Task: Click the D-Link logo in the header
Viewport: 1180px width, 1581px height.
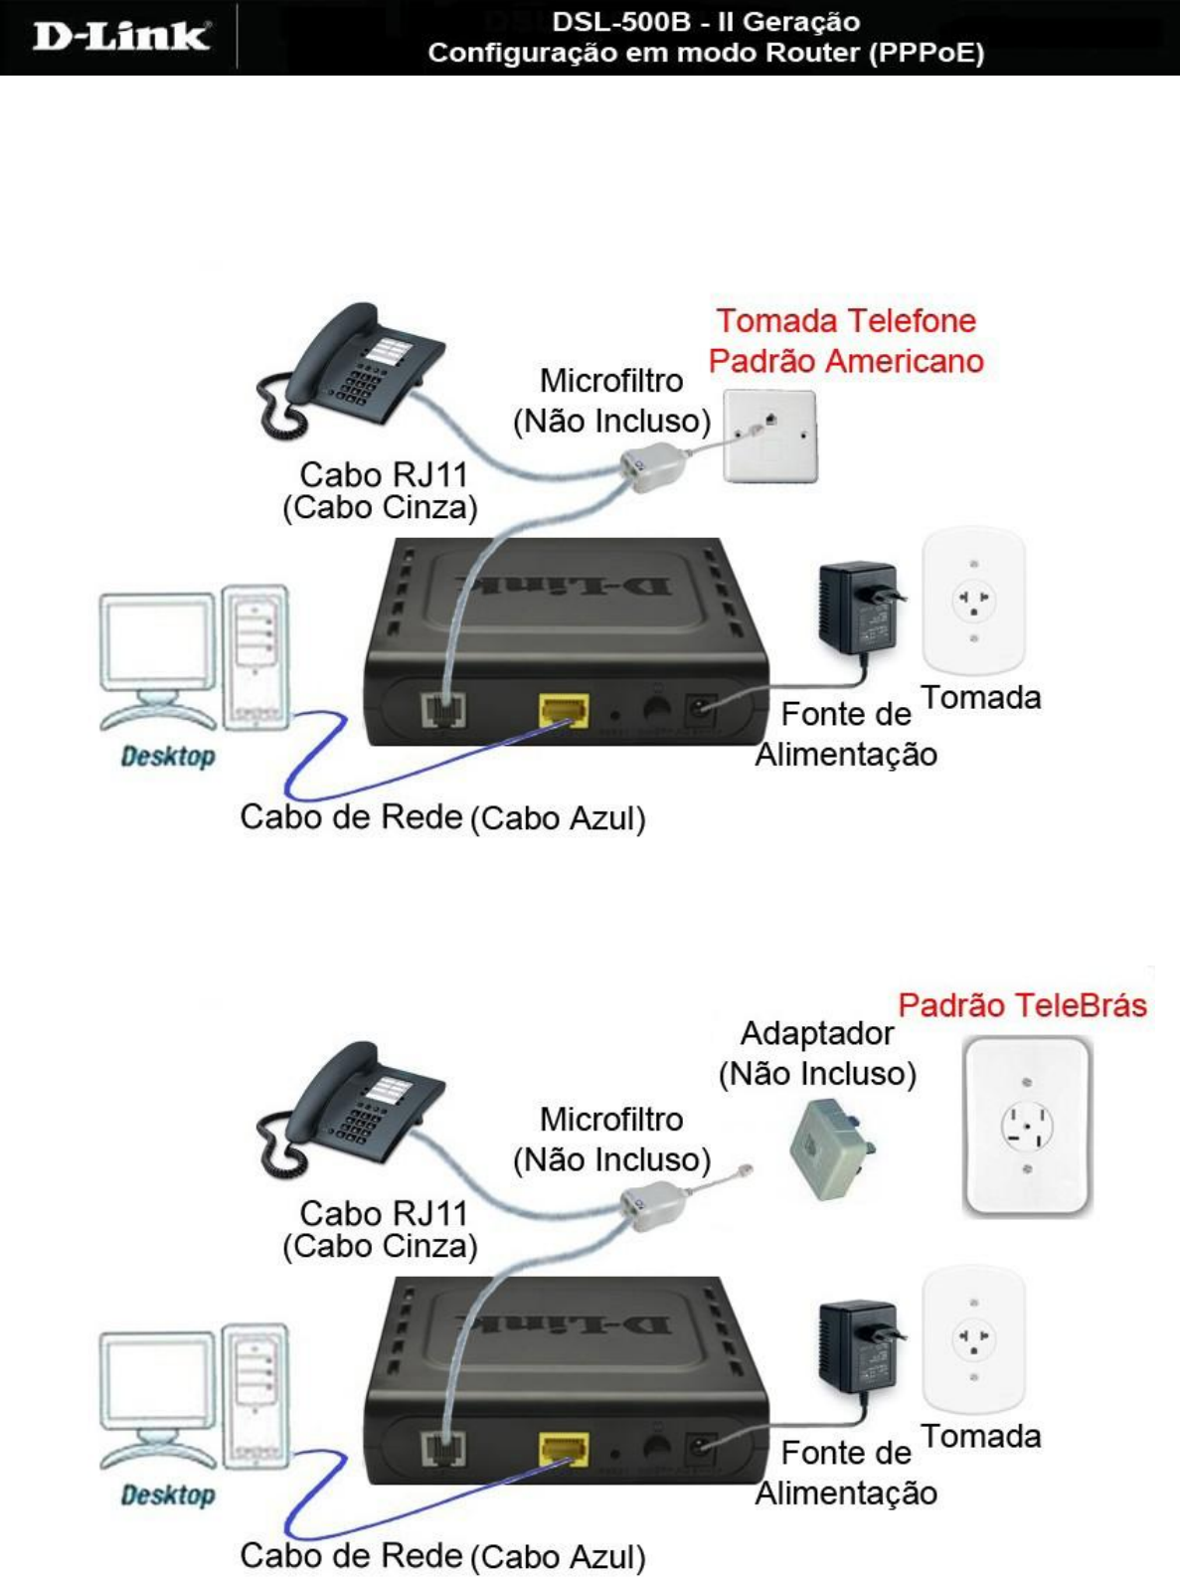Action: (120, 37)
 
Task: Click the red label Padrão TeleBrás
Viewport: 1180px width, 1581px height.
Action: (1022, 1005)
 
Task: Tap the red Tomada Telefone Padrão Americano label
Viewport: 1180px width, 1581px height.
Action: (846, 341)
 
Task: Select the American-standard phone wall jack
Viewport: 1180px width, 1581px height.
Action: (769, 436)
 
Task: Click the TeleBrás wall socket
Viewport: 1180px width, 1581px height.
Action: (1026, 1126)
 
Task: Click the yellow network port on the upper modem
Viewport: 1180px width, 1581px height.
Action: (564, 710)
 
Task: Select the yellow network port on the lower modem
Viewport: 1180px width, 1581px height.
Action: (564, 1449)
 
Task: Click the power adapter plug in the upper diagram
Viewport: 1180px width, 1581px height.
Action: (858, 609)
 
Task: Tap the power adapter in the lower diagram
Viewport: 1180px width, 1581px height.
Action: (858, 1347)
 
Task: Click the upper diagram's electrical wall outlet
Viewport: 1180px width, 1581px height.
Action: (973, 602)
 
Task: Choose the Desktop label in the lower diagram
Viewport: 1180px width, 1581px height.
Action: (168, 1495)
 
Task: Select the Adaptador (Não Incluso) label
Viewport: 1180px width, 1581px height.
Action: (817, 1054)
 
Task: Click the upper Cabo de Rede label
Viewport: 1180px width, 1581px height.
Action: (351, 817)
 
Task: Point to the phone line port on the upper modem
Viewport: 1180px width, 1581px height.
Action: (443, 709)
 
